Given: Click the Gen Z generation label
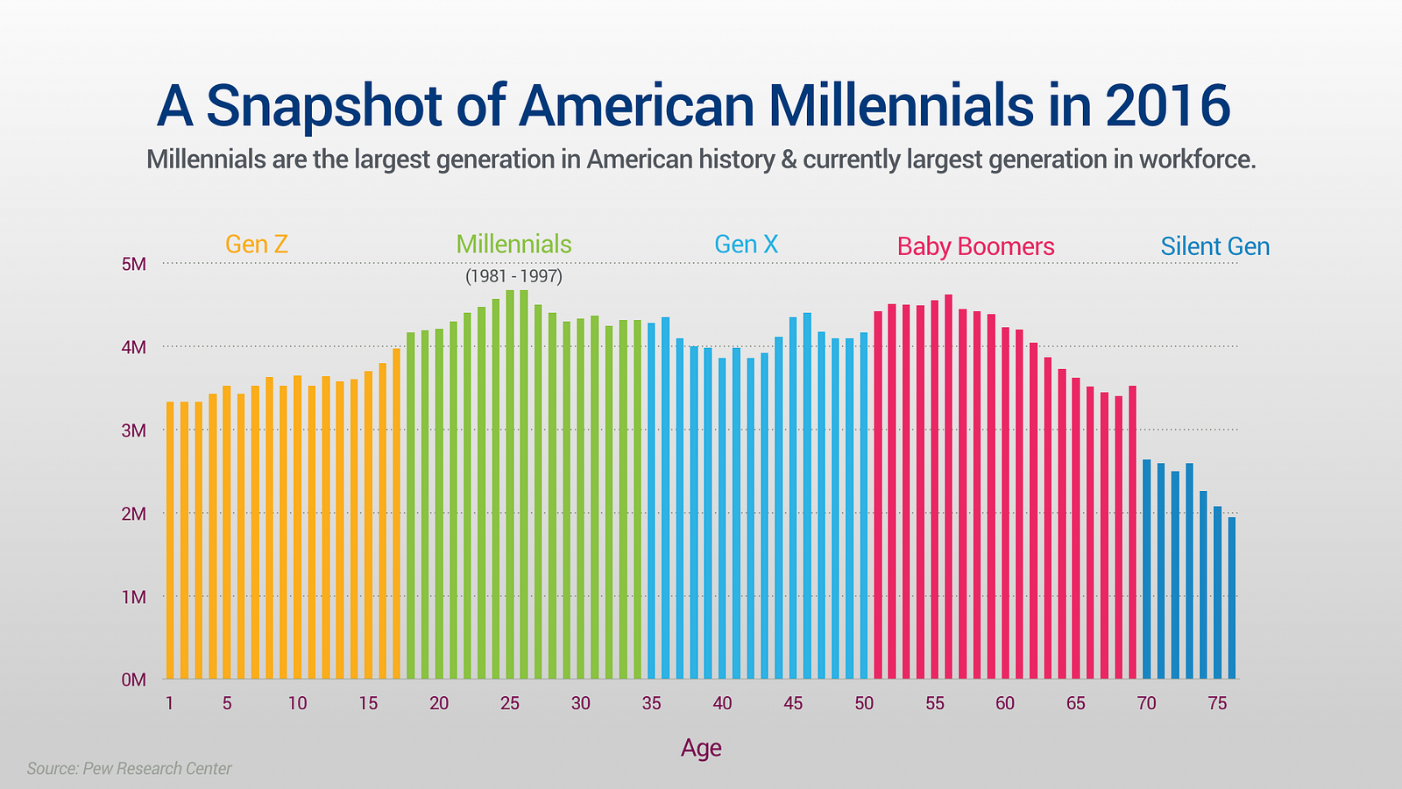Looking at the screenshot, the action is click(257, 245).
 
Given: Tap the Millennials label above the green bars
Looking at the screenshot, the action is click(513, 245).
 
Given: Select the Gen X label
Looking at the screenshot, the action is click(746, 245).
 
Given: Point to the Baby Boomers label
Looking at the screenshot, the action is click(976, 246).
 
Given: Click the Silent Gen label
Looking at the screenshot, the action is click(1214, 246).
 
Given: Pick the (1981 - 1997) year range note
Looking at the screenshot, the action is click(513, 276).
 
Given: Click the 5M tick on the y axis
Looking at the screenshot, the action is click(134, 264).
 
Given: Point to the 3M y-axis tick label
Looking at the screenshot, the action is click(134, 430).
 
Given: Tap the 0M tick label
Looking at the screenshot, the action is click(134, 680).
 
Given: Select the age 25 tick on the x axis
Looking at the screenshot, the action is click(510, 703).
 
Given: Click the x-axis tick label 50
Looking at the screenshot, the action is click(864, 703).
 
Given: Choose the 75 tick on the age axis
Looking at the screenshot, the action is click(1217, 703).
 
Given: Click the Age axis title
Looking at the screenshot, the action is click(701, 749).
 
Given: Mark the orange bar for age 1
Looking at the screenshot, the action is click(170, 540).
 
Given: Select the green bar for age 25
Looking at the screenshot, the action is click(510, 485).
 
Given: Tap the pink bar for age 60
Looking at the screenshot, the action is click(1005, 503).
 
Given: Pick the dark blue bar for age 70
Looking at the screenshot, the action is click(1147, 569).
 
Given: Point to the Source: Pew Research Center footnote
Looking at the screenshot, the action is click(129, 768).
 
